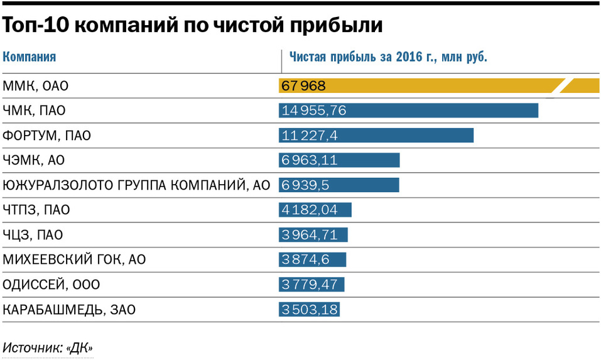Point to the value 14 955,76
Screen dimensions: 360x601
pyautogui.click(x=315, y=111)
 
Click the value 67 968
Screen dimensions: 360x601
pyautogui.click(x=303, y=85)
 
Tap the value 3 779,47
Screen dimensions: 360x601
pyautogui.click(x=310, y=285)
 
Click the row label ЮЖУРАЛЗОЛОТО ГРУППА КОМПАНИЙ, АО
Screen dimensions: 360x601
pyautogui.click(x=136, y=185)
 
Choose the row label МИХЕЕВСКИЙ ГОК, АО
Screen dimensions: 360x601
pyautogui.click(x=74, y=259)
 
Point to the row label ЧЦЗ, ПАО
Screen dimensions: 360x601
pyautogui.click(x=41, y=235)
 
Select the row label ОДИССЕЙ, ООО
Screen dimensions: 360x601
pyautogui.click(x=51, y=285)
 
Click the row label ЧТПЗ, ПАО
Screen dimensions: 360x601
pyautogui.click(x=45, y=210)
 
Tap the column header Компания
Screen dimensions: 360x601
pyautogui.click(x=30, y=57)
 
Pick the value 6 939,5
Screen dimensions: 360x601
pyautogui.click(x=306, y=185)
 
